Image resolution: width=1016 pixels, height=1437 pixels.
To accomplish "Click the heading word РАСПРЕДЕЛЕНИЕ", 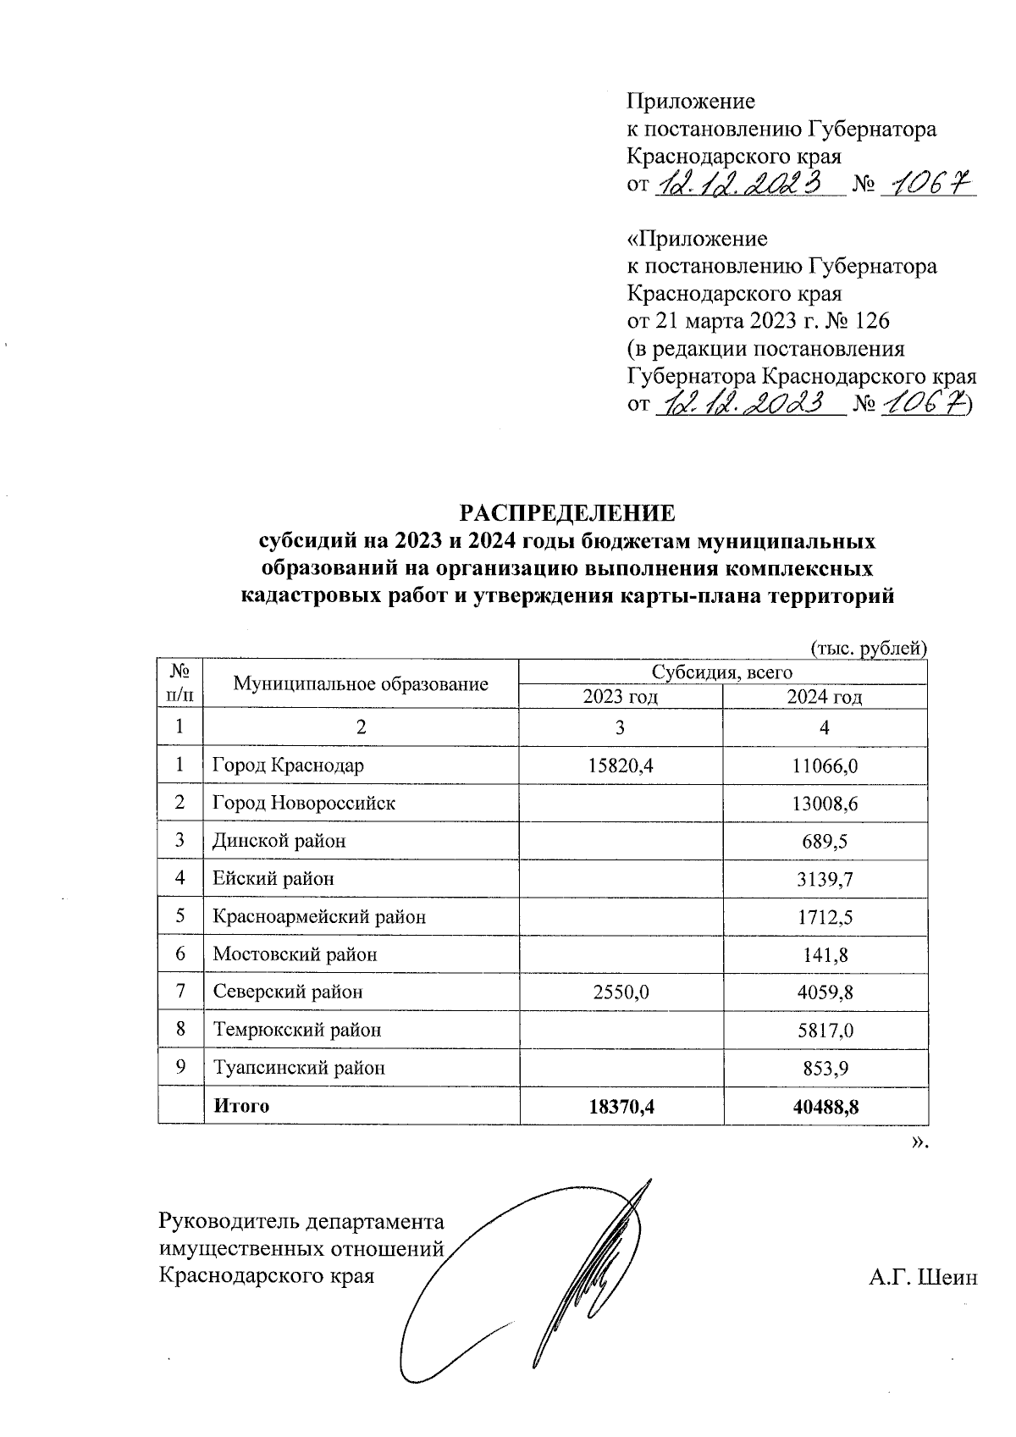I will [x=566, y=514].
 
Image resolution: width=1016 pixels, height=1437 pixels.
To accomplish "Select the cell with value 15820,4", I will [x=621, y=765].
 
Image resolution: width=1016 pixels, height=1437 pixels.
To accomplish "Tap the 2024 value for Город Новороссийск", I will [x=825, y=803].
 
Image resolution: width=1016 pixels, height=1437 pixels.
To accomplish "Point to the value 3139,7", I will [x=825, y=879].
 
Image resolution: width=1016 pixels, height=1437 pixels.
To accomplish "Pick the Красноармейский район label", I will [x=318, y=916].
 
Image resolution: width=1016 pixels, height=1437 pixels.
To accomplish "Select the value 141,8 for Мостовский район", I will [x=825, y=954].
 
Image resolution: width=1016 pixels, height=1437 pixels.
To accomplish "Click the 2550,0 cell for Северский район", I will [x=621, y=992].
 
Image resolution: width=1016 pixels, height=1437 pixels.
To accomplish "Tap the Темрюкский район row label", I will [x=296, y=1030].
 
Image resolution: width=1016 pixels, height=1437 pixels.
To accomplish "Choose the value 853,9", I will [x=825, y=1068].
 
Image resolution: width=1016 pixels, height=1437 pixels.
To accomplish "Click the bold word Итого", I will [x=241, y=1105].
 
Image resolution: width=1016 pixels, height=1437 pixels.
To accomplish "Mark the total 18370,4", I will [x=621, y=1105].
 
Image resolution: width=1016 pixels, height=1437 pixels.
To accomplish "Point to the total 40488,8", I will [x=825, y=1105].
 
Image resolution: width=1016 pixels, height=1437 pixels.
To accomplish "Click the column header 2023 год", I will [x=621, y=697].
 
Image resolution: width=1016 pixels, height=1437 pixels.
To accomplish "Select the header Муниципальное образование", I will [x=361, y=684].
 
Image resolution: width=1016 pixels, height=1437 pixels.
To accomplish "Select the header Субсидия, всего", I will [x=721, y=672].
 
